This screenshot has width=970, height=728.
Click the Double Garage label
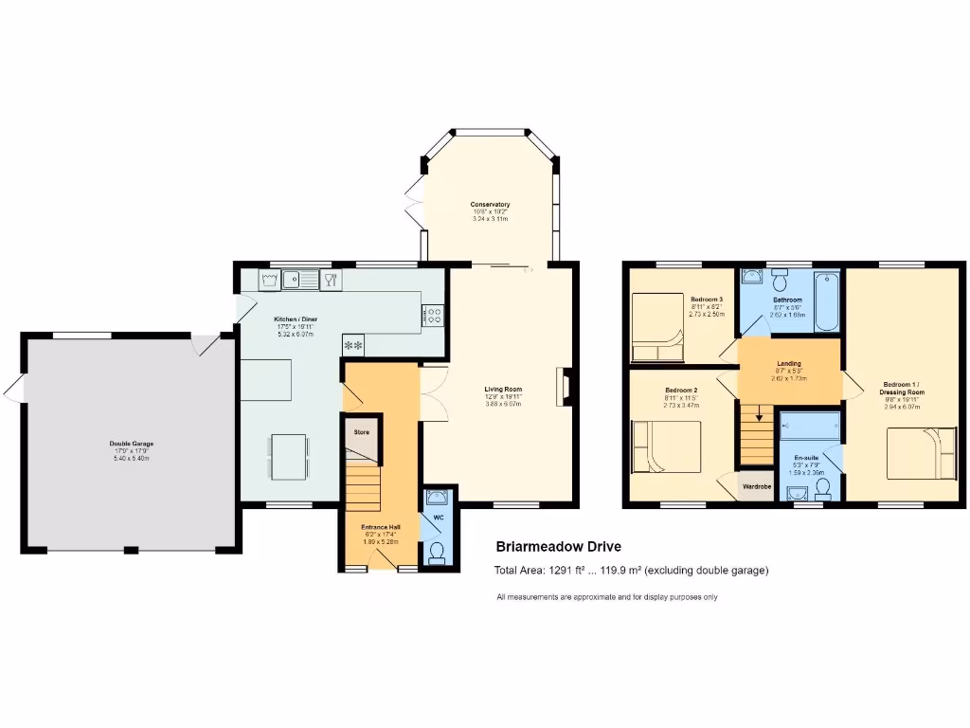[x=131, y=444]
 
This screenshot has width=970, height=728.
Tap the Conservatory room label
[x=491, y=205]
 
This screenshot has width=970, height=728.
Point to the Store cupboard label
[x=361, y=432]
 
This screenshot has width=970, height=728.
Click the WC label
[x=438, y=519]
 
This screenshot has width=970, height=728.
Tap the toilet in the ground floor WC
[x=437, y=553]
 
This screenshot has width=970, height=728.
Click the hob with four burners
[x=434, y=315]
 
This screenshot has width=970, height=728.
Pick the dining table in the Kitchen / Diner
[x=288, y=456]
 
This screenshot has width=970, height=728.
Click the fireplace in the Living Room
[x=566, y=388]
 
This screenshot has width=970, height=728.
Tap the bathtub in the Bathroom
[x=827, y=300]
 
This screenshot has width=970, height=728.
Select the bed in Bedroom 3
[x=657, y=327]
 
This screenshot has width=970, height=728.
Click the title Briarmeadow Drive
[x=559, y=547]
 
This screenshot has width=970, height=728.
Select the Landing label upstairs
[x=789, y=364]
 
